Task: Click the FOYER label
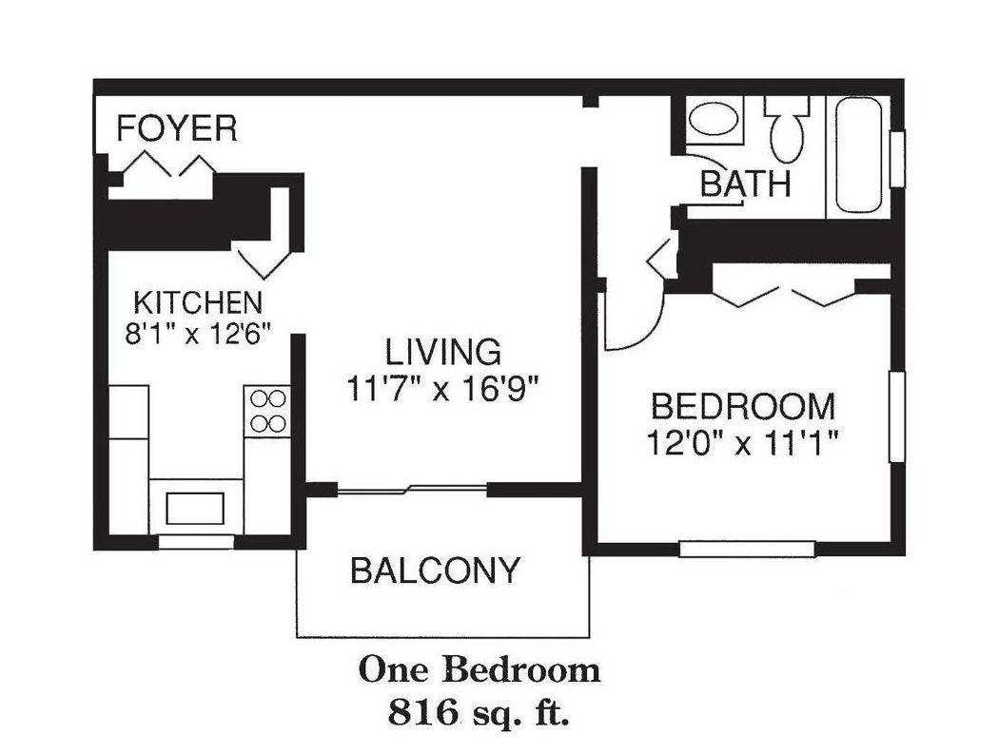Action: [x=177, y=128]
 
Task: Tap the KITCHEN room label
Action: [x=198, y=302]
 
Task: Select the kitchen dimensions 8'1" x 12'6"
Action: [x=198, y=334]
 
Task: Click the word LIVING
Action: [x=443, y=352]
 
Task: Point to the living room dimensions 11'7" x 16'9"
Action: [x=443, y=388]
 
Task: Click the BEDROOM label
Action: [x=743, y=407]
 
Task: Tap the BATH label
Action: [x=745, y=184]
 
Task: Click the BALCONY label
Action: [x=436, y=570]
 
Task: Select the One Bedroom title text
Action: [x=479, y=670]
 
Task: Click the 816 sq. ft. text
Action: [x=479, y=712]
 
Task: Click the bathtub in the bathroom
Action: [x=858, y=155]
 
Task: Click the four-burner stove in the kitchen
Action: [x=267, y=411]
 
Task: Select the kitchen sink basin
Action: [x=195, y=509]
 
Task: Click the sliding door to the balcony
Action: [x=412, y=490]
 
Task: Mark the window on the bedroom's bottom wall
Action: [x=747, y=549]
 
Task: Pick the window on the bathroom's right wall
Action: [x=897, y=159]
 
